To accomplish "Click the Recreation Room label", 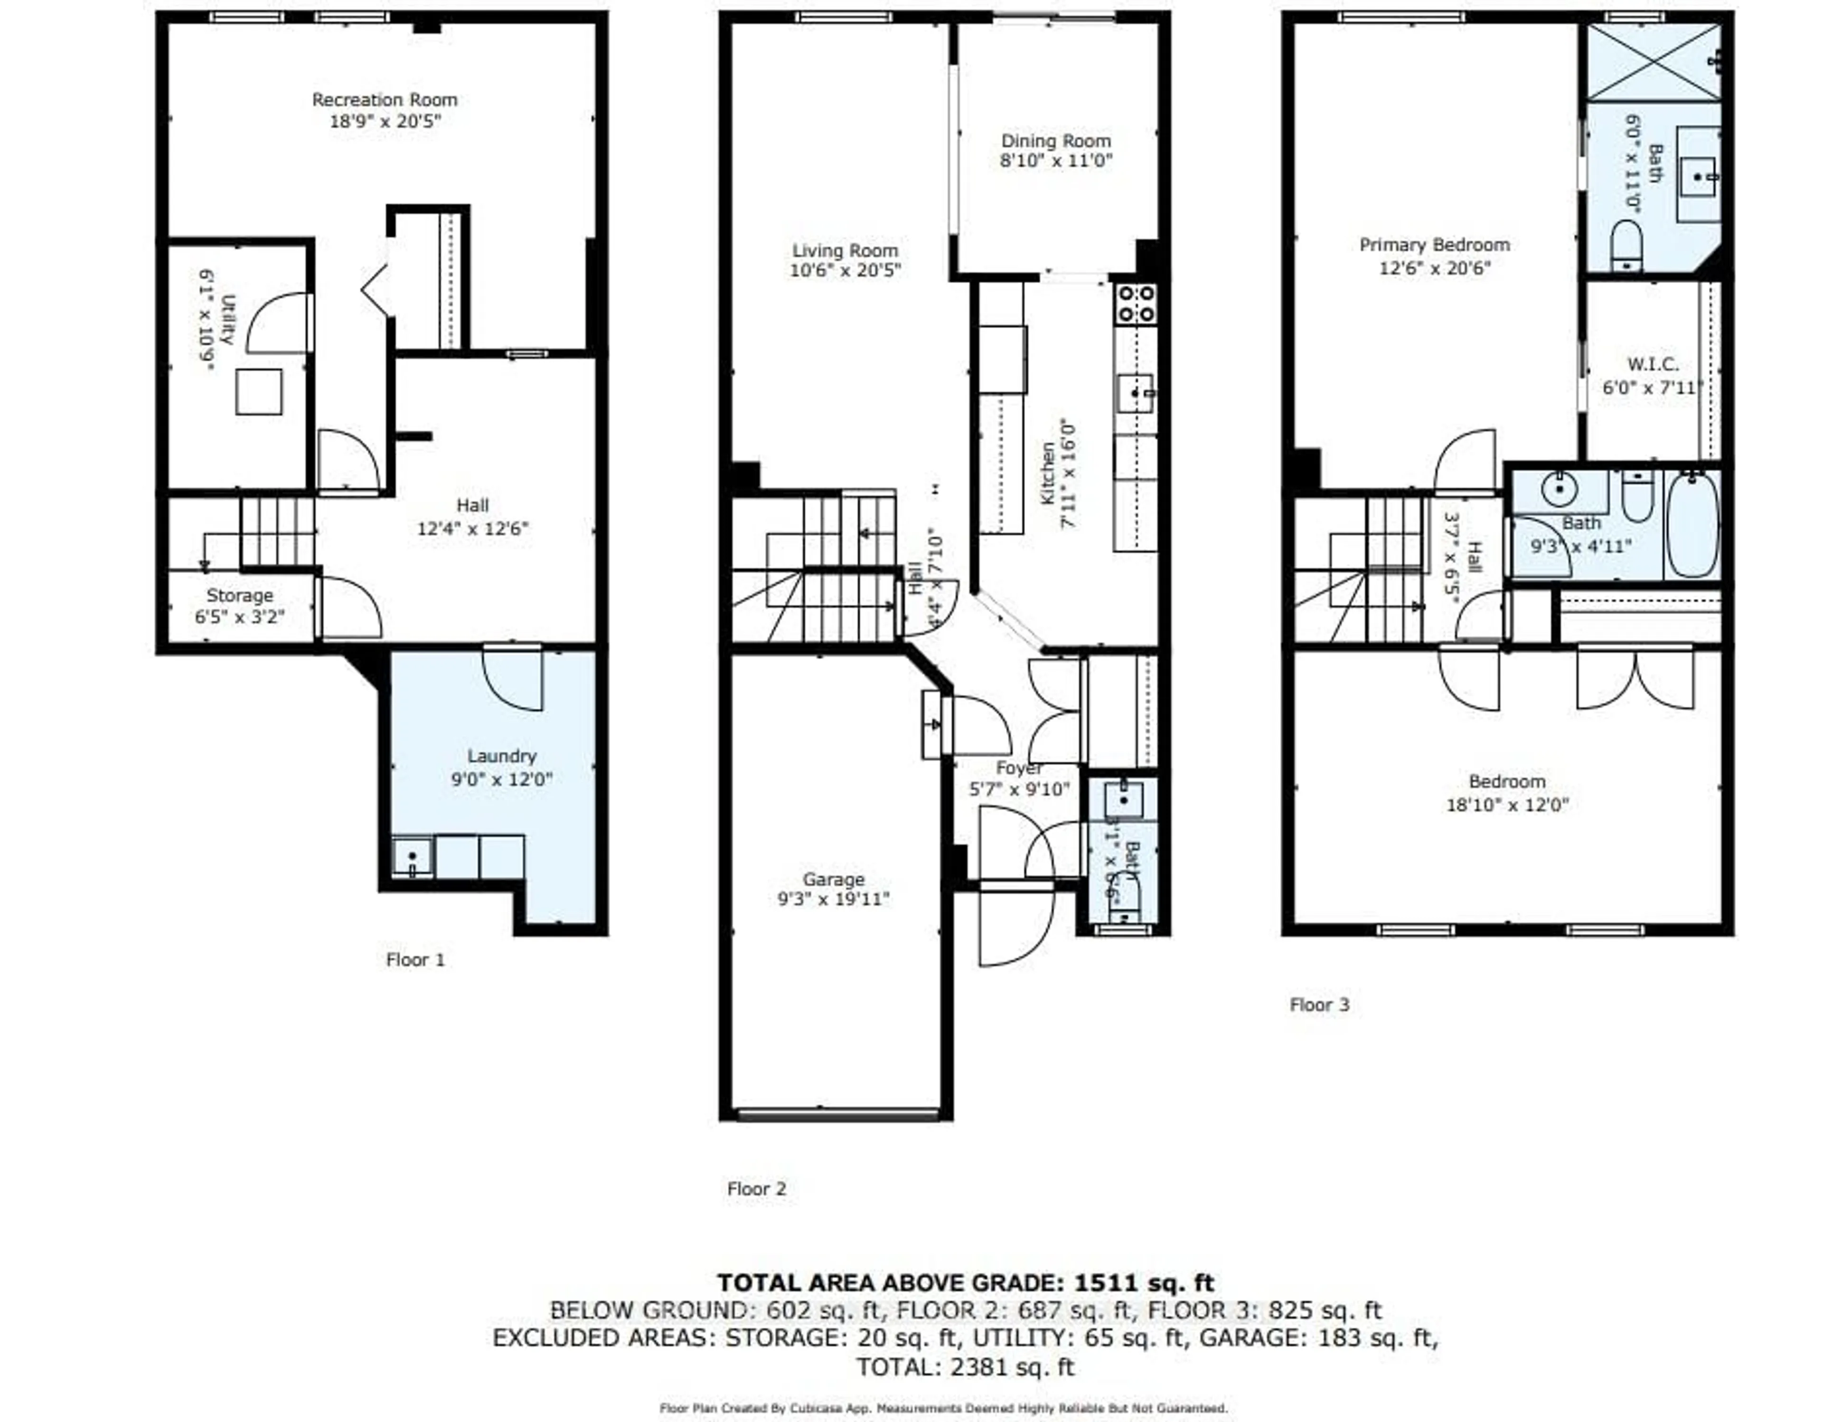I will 385,99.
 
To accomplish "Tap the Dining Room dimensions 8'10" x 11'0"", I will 1056,161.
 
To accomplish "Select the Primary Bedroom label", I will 1434,245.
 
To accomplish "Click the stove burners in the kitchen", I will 1136,304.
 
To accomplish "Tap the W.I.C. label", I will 1653,364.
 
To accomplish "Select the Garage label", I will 833,879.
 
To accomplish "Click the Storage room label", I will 240,596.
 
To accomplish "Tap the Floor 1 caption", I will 415,959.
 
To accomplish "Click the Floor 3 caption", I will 1319,1005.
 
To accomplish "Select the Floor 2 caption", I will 756,1188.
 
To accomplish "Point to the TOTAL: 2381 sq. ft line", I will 965,1367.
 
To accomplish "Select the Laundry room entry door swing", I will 513,678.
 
